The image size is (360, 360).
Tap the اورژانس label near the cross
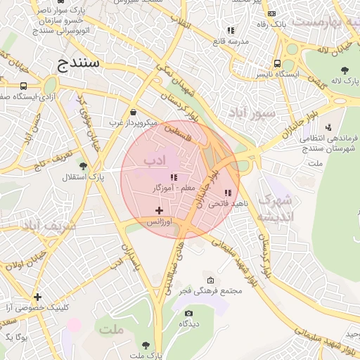tap(159, 221)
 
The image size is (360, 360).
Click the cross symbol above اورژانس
tap(159, 210)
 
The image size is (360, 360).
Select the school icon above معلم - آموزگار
tap(174, 177)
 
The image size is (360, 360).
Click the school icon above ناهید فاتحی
tap(227, 192)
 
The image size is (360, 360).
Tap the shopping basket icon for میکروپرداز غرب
tap(134, 112)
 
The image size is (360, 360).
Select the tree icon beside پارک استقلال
tap(84, 166)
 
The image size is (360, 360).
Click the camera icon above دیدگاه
tap(188, 314)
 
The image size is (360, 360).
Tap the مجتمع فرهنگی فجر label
tap(211, 290)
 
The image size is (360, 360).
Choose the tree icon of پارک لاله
tap(345, 70)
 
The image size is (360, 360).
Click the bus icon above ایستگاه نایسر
tap(278, 62)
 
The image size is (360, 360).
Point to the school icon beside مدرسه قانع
tap(231, 30)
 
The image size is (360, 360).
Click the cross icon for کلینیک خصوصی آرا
tap(37, 297)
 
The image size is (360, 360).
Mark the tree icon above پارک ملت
tap(146, 345)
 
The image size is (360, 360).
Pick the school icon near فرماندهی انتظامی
tap(328, 127)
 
